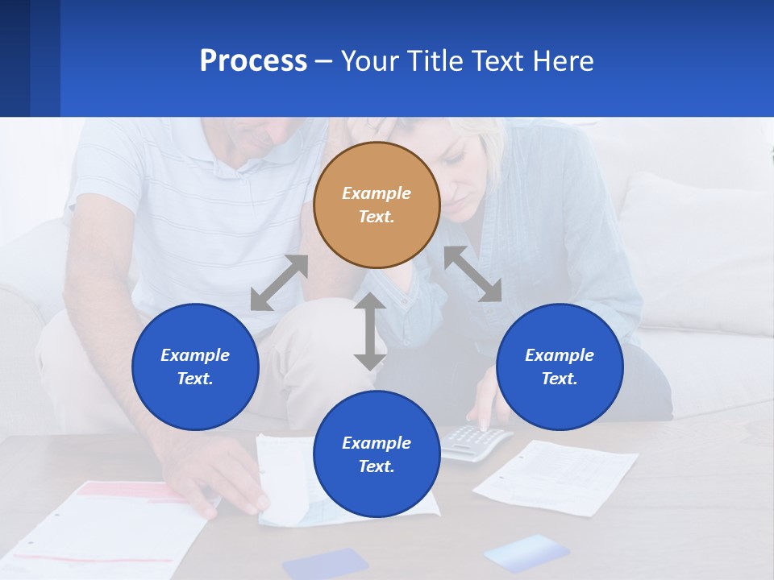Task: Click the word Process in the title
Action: pyautogui.click(x=253, y=61)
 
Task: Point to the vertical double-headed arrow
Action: pyautogui.click(x=370, y=331)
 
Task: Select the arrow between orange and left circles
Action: pyautogui.click(x=279, y=283)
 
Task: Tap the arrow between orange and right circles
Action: pyautogui.click(x=472, y=274)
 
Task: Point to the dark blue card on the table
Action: pyautogui.click(x=325, y=564)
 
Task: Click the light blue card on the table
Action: pyautogui.click(x=526, y=552)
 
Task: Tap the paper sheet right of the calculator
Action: pyautogui.click(x=556, y=475)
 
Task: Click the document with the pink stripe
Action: pyautogui.click(x=113, y=524)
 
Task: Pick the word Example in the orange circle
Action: pyautogui.click(x=377, y=193)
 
